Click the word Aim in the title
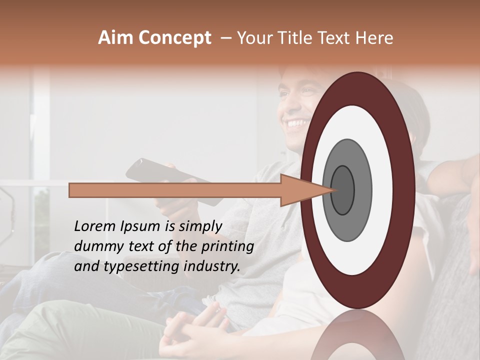pyautogui.click(x=116, y=38)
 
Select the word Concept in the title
pyautogui.click(x=175, y=38)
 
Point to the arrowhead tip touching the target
pyautogui.click(x=333, y=190)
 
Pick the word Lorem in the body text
pyautogui.click(x=94, y=226)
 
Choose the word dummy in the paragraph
pyautogui.click(x=95, y=246)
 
